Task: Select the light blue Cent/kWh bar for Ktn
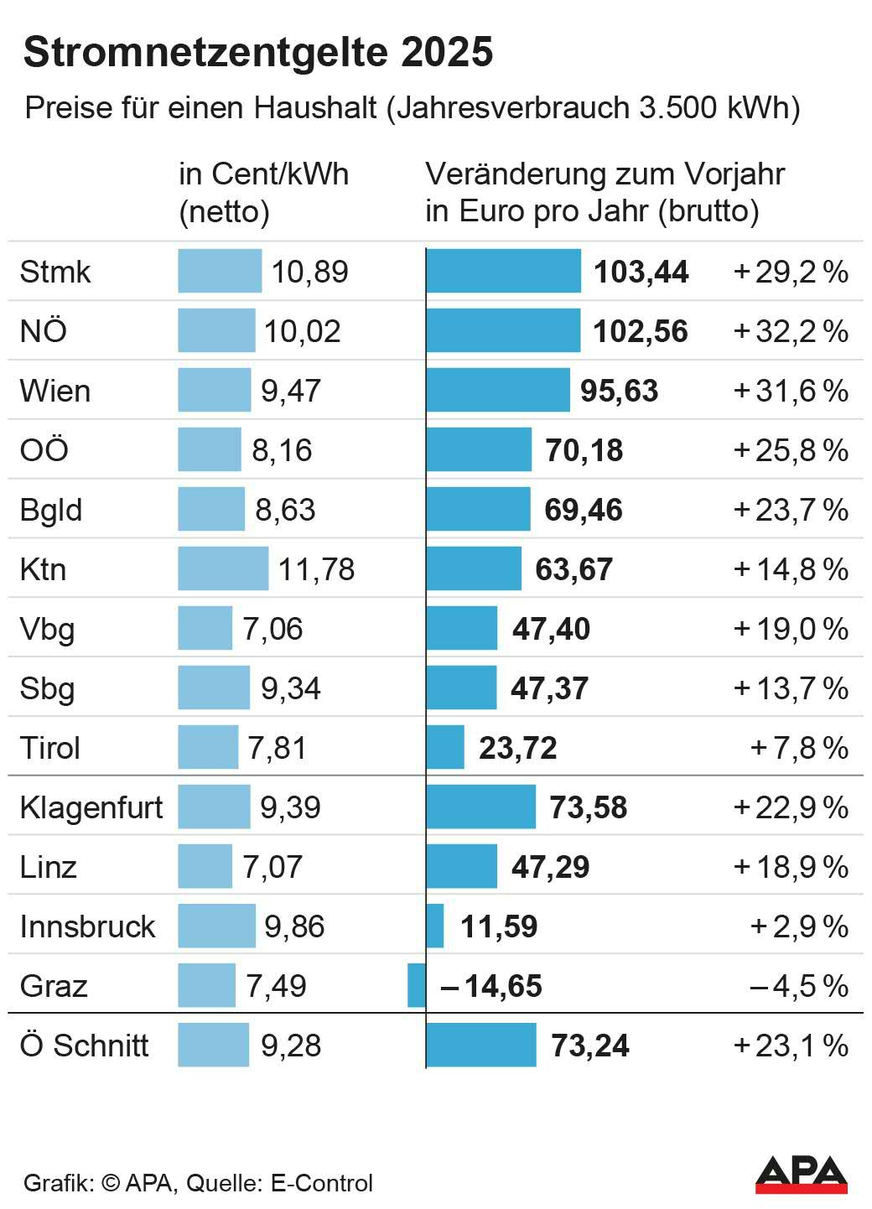223,569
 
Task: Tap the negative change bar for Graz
417,986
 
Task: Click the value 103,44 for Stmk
641,272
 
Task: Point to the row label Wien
54,391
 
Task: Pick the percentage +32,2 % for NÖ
791,331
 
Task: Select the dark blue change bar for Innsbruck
435,926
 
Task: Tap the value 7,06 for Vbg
272,629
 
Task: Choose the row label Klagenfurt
91,807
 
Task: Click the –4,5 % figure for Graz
798,986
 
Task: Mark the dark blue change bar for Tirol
445,748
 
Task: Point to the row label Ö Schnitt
84,1046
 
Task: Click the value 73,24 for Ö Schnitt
590,1046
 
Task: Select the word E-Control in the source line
321,1183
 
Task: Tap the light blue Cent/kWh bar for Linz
205,867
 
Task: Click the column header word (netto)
224,211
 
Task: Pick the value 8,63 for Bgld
285,510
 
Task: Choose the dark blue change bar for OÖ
479,450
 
